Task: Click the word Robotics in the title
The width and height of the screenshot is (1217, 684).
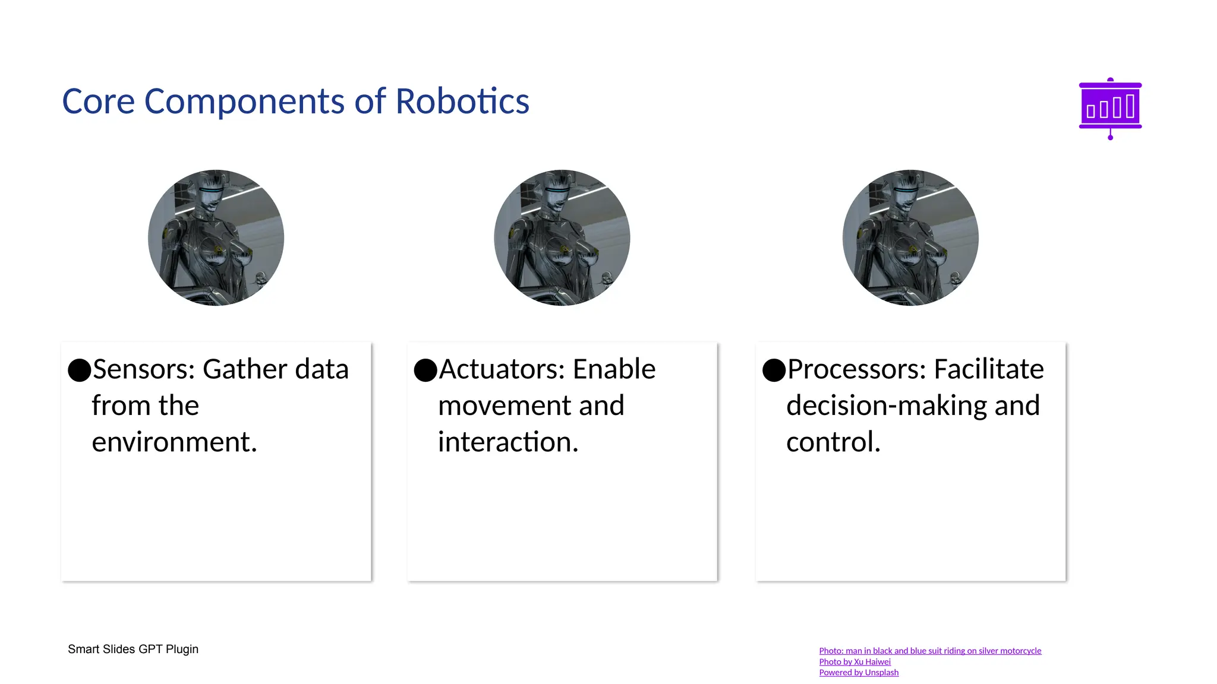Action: tap(462, 102)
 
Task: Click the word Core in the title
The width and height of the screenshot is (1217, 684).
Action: tap(98, 102)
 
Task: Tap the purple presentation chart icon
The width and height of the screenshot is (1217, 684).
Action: tap(1109, 107)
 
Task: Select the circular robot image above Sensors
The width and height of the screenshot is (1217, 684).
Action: tap(216, 237)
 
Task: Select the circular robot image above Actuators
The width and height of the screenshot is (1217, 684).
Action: tap(562, 237)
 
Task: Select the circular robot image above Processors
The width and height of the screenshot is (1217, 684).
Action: tap(910, 237)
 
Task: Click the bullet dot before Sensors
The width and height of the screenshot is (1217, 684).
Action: tap(79, 370)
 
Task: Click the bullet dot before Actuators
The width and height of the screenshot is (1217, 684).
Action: tap(425, 370)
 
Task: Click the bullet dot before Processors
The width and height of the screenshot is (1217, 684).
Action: tap(774, 370)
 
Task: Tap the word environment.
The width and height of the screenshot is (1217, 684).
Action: tap(174, 442)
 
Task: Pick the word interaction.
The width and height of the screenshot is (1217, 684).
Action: tap(508, 442)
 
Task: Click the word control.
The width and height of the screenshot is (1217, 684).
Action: tap(833, 442)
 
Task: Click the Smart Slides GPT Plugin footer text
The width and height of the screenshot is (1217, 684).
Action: tap(133, 649)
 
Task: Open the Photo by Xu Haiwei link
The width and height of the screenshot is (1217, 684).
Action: tap(854, 661)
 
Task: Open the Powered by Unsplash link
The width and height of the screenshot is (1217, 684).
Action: tap(858, 672)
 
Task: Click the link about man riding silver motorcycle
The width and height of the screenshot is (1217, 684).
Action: tap(929, 651)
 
